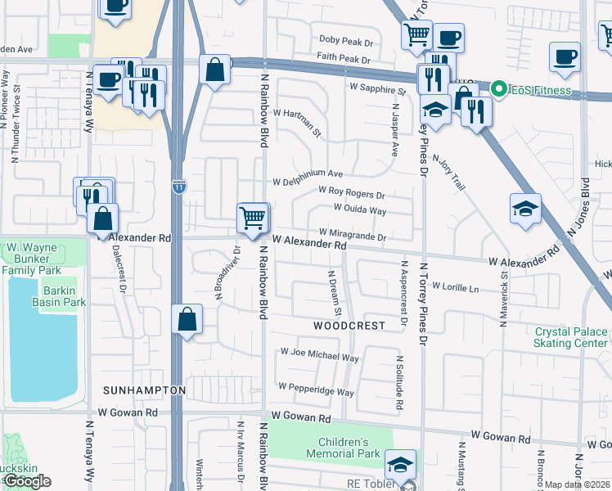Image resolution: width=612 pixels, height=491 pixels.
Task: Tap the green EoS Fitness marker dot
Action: [x=497, y=88]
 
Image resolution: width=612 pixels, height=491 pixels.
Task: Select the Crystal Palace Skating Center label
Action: [x=571, y=338]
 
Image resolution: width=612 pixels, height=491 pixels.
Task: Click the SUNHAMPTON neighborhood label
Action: [x=145, y=390]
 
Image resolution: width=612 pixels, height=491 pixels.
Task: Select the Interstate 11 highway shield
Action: [x=179, y=188]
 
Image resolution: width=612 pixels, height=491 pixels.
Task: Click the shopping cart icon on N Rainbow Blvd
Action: [x=252, y=218]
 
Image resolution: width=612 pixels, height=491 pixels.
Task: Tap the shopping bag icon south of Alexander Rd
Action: [x=187, y=319]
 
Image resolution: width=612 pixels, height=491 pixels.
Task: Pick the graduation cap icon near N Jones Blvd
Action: [x=524, y=209]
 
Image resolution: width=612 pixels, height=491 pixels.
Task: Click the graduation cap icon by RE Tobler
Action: [x=399, y=465]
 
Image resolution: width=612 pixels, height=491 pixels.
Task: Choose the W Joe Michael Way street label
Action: [x=320, y=357]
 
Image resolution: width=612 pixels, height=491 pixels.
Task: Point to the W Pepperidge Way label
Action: [x=316, y=389]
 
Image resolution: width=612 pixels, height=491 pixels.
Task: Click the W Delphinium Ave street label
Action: [x=308, y=174]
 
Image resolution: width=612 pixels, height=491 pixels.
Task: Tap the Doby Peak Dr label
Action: [x=346, y=39]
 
